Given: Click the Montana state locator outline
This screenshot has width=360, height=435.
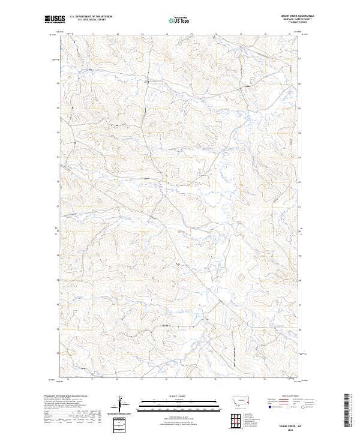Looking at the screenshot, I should (x=241, y=400).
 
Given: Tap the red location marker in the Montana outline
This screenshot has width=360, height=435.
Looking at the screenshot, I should (x=247, y=402).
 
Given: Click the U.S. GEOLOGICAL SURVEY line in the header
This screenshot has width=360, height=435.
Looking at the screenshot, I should (x=91, y=20).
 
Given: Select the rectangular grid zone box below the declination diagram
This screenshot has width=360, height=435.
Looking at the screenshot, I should (x=124, y=422).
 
